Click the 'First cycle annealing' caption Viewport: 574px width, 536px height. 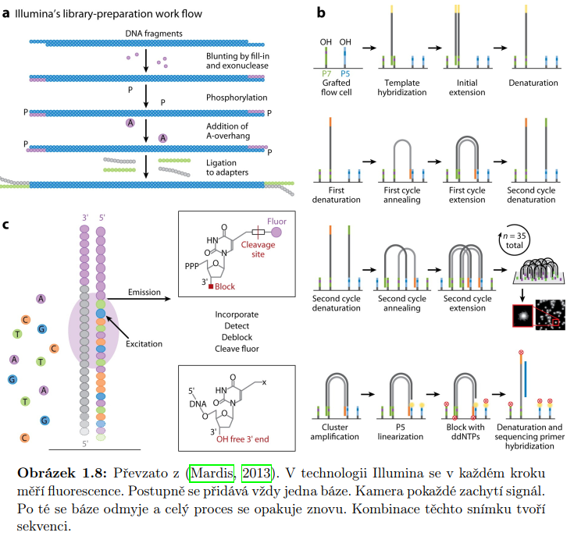[x=401, y=194]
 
